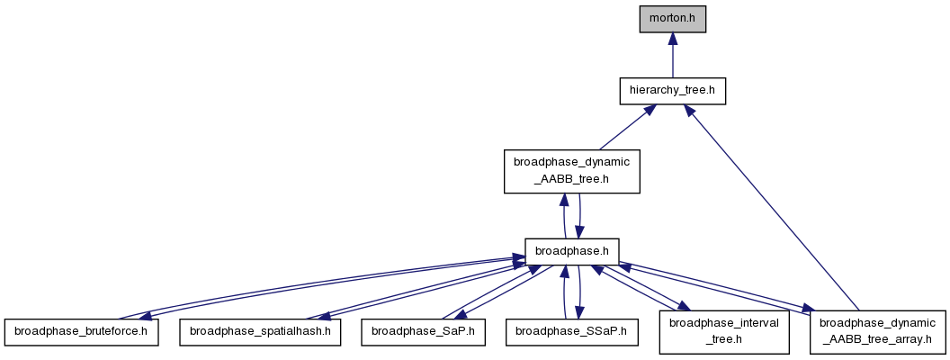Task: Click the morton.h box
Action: [x=673, y=19]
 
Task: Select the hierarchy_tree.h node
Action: [x=673, y=91]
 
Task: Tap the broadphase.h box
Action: [x=571, y=251]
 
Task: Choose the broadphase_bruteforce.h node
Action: [x=81, y=332]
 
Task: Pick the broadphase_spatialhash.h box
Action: [x=260, y=332]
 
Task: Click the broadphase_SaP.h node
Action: [x=423, y=332]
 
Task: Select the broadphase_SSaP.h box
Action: [x=572, y=332]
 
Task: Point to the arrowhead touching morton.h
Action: [x=673, y=39]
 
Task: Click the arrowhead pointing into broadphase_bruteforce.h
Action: [x=146, y=315]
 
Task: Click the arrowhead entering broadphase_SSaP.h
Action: [x=580, y=312]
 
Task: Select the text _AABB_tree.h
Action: [x=572, y=179]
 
